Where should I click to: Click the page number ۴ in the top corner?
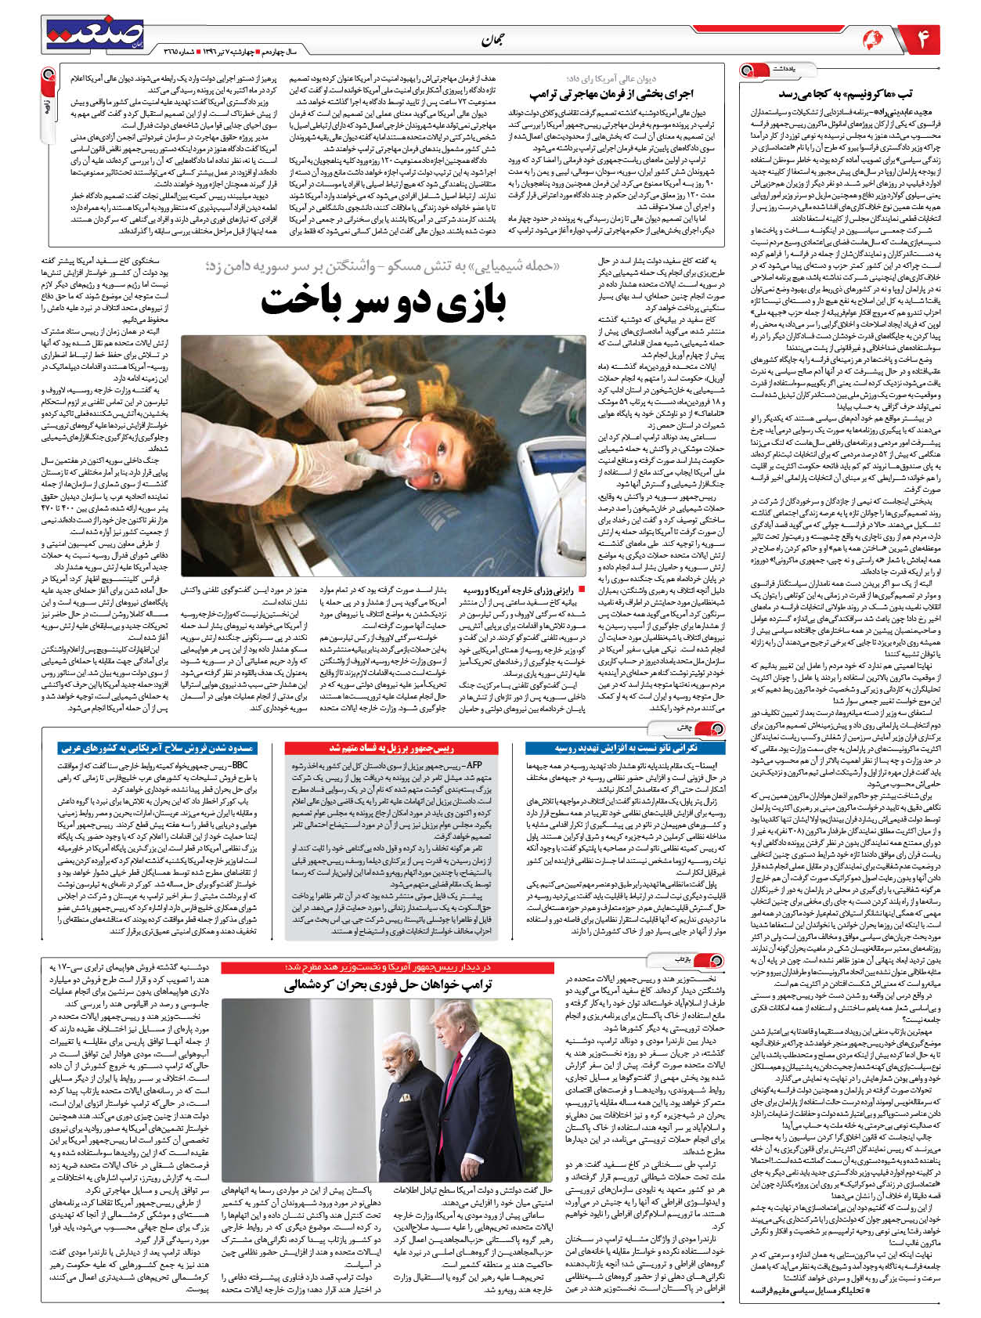pyautogui.click(x=922, y=38)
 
